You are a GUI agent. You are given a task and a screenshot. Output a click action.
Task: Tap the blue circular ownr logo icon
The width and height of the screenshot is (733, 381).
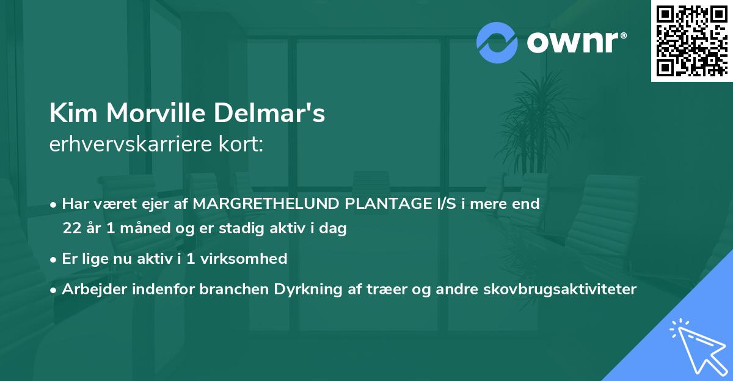tap(497, 43)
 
